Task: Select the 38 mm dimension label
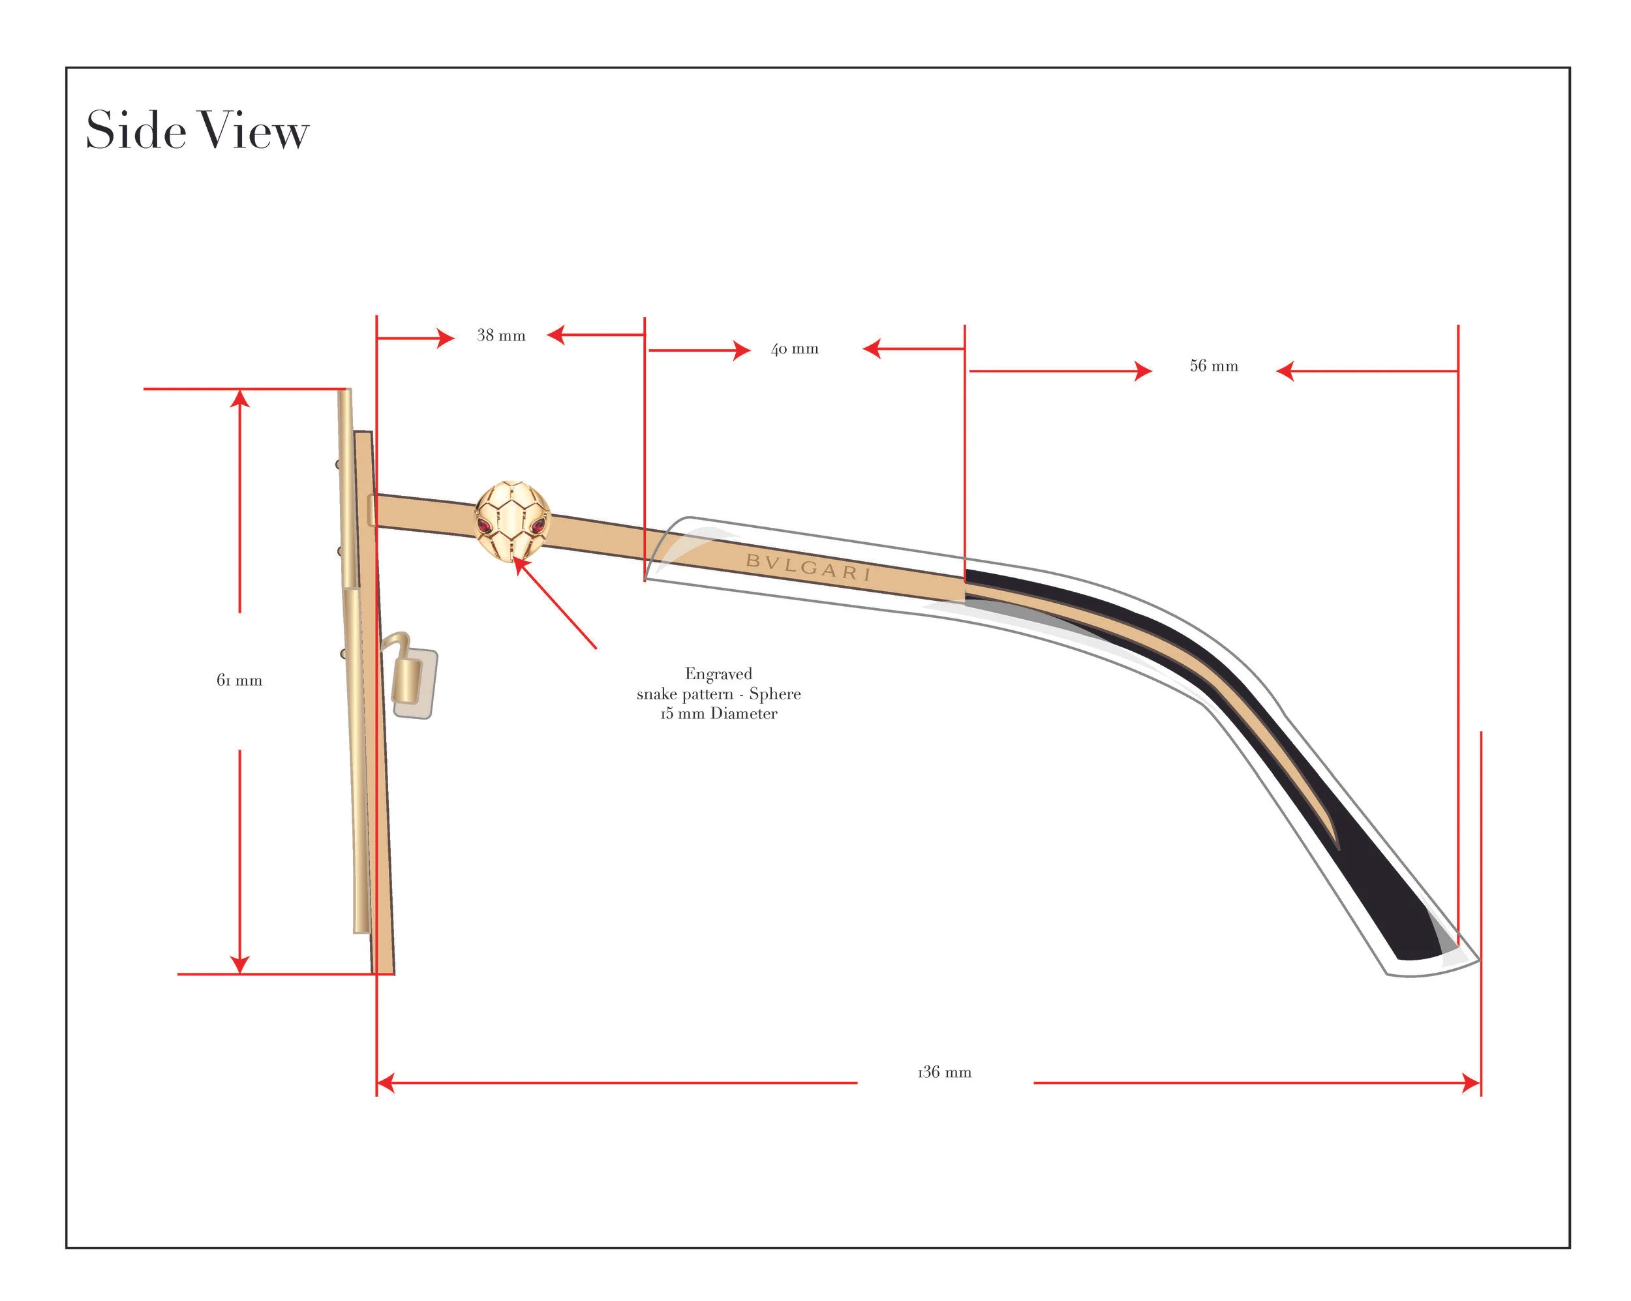[x=501, y=335]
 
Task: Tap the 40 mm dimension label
[x=795, y=348]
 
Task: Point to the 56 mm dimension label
[x=1213, y=366]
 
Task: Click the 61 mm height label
[x=239, y=680]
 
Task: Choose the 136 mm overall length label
[x=944, y=1072]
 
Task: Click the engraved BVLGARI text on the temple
[x=808, y=566]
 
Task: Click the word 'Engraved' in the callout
[x=718, y=673]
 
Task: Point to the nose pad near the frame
[x=414, y=683]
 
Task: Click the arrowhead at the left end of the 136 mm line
[x=386, y=1083]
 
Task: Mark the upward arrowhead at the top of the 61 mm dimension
[x=240, y=398]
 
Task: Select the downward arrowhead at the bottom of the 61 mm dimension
[x=240, y=965]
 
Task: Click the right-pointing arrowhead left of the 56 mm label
[x=1143, y=371]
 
